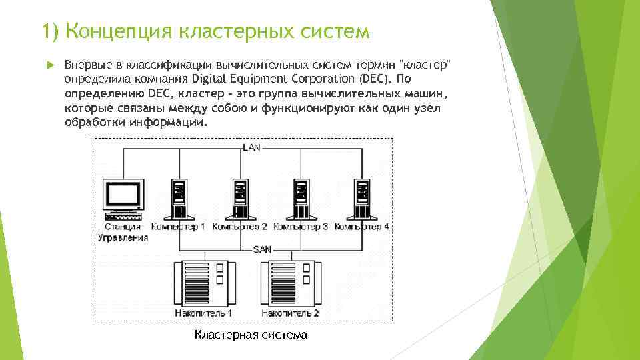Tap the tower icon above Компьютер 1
(x=179, y=198)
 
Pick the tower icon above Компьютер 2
(x=240, y=198)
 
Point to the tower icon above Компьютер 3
(x=301, y=198)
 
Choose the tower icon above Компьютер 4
(x=362, y=198)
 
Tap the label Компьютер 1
(x=178, y=227)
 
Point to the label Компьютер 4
(x=362, y=227)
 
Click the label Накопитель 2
(x=290, y=313)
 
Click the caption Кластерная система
(x=251, y=335)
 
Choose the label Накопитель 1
(x=203, y=313)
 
